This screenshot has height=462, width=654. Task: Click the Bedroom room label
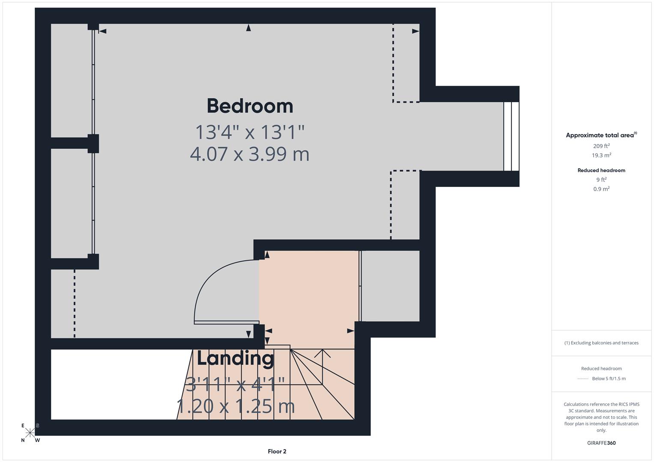(250, 106)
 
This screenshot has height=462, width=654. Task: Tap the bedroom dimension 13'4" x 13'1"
(250, 132)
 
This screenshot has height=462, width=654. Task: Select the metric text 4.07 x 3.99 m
(250, 154)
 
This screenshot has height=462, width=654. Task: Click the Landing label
(235, 358)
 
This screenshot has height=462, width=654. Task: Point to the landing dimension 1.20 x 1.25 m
(236, 406)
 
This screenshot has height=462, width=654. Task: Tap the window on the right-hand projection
(511, 136)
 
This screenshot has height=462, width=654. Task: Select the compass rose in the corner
(30, 433)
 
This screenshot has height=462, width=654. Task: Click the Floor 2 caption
(277, 451)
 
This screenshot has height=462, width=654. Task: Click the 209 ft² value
(601, 146)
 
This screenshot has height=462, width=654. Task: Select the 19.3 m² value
(601, 155)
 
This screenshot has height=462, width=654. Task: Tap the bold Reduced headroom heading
(601, 170)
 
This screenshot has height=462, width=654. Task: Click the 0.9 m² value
(601, 189)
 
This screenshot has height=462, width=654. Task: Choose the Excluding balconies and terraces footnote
(601, 343)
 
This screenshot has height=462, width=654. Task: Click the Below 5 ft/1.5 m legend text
(609, 379)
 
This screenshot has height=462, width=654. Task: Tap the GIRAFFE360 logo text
(601, 443)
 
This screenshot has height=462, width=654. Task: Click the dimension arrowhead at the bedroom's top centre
(248, 28)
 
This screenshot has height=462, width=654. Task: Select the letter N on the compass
(23, 440)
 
